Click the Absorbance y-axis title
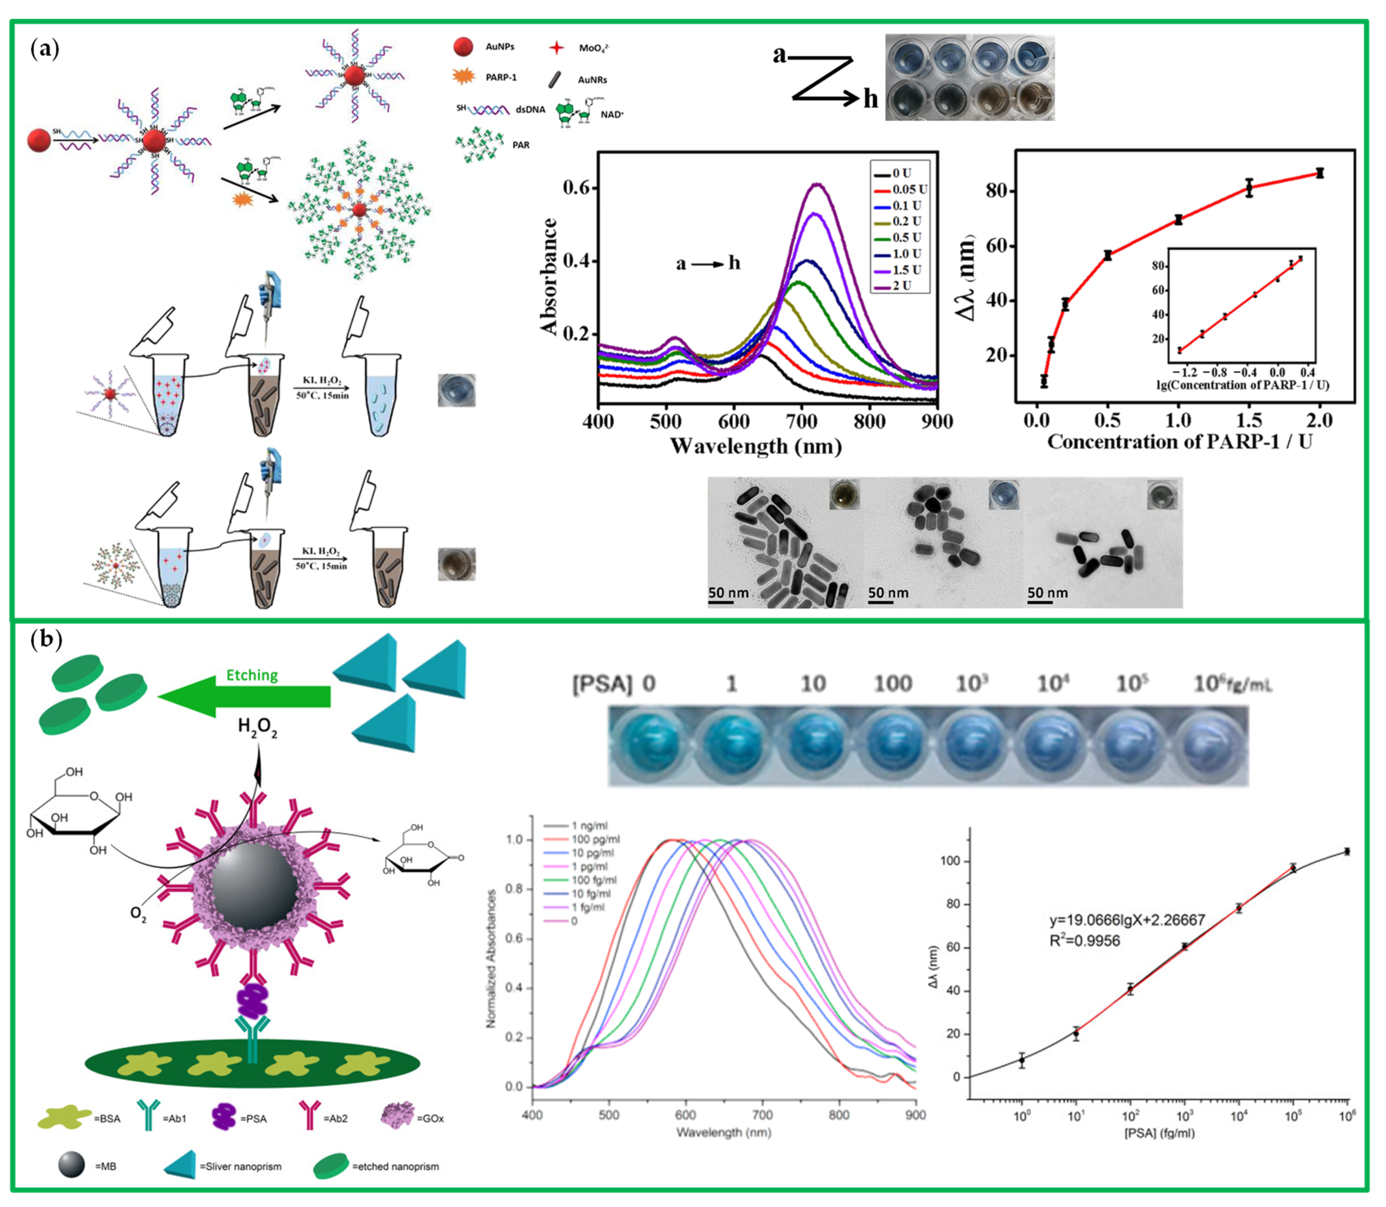549,276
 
